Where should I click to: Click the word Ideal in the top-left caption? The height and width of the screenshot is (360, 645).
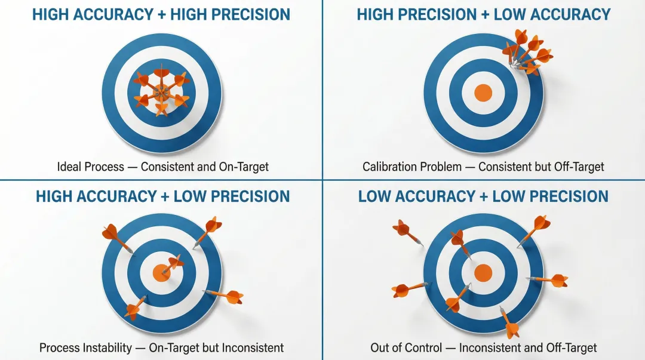pos(70,167)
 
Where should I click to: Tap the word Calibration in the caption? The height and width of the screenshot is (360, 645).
pos(395,167)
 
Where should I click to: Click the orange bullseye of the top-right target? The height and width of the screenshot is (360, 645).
pos(483,93)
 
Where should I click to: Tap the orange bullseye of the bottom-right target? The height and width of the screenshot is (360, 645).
pos(483,273)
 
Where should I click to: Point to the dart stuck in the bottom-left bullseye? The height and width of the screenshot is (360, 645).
pos(172,264)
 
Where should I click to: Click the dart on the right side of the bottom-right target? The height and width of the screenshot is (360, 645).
pos(548,279)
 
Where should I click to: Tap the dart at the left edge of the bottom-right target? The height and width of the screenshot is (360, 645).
pos(410,289)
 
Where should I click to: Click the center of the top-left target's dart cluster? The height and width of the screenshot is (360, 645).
pos(161,92)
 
